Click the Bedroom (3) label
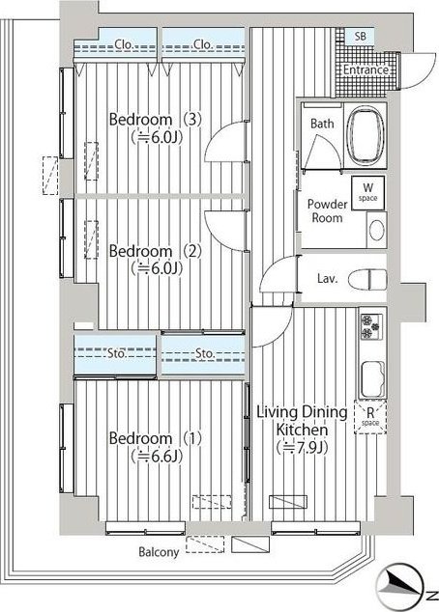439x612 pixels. point(155,120)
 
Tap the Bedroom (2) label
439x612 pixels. point(155,251)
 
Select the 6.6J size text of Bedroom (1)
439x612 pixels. point(157,456)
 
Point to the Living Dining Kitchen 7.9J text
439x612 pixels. point(302,430)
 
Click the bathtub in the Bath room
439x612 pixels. point(366,135)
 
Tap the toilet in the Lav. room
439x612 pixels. point(366,279)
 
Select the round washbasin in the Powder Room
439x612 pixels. point(376,231)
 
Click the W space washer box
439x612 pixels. point(367,193)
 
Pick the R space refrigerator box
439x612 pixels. point(369,417)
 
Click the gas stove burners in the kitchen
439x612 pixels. point(371,326)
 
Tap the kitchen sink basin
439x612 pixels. point(372,379)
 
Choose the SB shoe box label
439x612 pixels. point(361,37)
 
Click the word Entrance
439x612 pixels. point(366,70)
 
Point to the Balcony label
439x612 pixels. point(159,552)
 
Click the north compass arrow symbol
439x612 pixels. point(399,585)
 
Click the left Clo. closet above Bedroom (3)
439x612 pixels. point(116,44)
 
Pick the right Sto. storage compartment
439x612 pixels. point(203,354)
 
